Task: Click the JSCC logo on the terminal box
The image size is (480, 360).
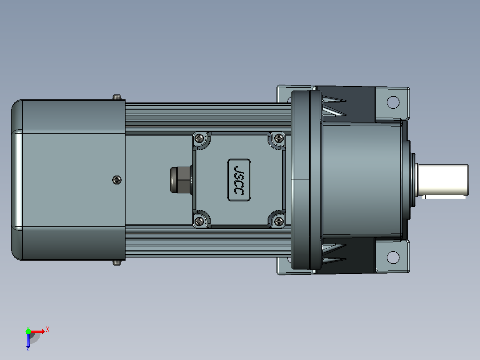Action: coord(239,180)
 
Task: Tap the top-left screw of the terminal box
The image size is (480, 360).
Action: coord(199,139)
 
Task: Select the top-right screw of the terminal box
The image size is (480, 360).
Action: coord(279,139)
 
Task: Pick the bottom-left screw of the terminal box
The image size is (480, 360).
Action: coord(199,221)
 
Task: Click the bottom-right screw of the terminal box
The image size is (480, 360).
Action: coord(279,221)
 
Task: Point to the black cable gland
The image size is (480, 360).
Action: coord(181,180)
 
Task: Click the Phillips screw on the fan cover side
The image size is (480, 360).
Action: coord(117,180)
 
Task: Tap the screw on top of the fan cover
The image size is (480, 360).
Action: coord(117,97)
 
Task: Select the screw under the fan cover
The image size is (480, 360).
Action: coord(117,262)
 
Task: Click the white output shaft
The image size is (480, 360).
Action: coord(442,180)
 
